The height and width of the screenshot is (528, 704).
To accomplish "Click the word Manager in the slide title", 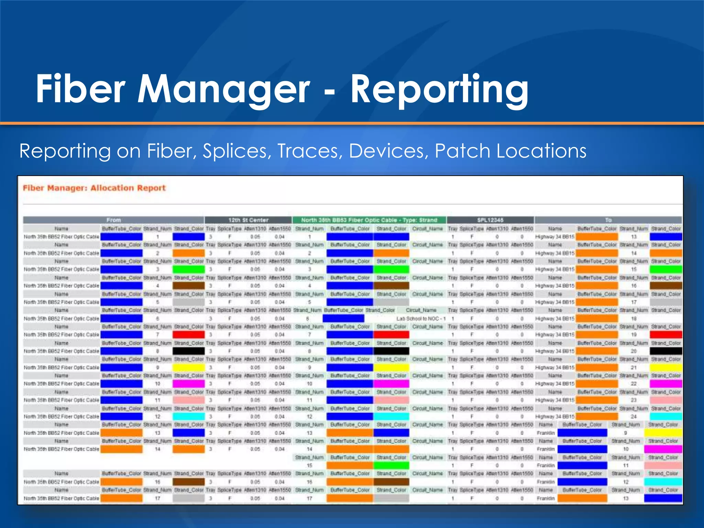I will (x=223, y=89).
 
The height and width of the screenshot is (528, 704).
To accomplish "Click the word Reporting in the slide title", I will (x=439, y=89).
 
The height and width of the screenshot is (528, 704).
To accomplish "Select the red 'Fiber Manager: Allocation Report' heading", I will (x=94, y=188).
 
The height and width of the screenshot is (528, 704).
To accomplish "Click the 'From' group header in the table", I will (x=113, y=220).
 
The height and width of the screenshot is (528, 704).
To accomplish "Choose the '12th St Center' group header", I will (x=248, y=220).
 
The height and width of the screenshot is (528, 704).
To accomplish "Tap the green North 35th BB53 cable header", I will (x=369, y=220).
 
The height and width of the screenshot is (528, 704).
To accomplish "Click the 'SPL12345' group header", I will (x=490, y=220).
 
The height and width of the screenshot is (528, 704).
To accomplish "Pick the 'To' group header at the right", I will (x=608, y=220).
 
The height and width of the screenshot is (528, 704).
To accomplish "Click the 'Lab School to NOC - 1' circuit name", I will (x=421, y=319).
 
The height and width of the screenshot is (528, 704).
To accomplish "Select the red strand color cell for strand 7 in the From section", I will (x=188, y=335).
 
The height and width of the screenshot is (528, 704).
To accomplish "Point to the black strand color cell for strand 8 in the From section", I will (x=188, y=351).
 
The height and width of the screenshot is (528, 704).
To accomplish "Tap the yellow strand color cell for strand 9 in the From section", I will (x=188, y=367).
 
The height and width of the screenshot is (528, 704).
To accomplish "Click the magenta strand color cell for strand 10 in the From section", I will (x=188, y=384).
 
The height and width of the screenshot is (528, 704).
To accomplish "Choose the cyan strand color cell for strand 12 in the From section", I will (x=188, y=417).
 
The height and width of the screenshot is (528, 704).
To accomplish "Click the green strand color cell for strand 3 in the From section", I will (x=188, y=269).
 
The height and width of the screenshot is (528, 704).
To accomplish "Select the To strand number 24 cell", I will (x=634, y=417).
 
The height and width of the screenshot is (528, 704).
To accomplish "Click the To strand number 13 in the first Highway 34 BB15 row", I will (x=634, y=237).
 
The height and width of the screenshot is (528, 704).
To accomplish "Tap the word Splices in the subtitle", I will (x=236, y=151).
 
